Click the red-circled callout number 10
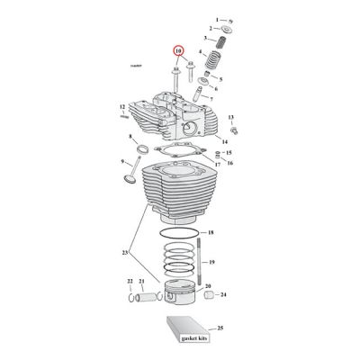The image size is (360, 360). (178, 51)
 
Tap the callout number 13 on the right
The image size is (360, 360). (230, 118)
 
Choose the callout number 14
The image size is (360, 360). (224, 141)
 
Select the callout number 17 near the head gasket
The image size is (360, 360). (217, 166)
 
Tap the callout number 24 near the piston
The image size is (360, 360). (223, 294)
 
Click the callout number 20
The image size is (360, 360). (208, 285)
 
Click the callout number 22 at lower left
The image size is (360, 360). (129, 282)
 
